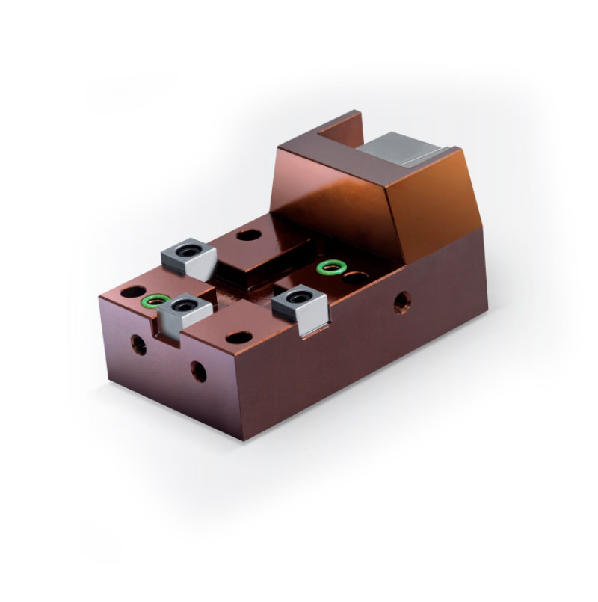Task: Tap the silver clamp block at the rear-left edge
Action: [x=189, y=257]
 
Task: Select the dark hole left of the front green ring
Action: [x=131, y=290]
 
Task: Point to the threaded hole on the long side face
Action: [x=402, y=303]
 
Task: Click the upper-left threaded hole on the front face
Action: [x=138, y=344]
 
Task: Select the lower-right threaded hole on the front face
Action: [x=199, y=370]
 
